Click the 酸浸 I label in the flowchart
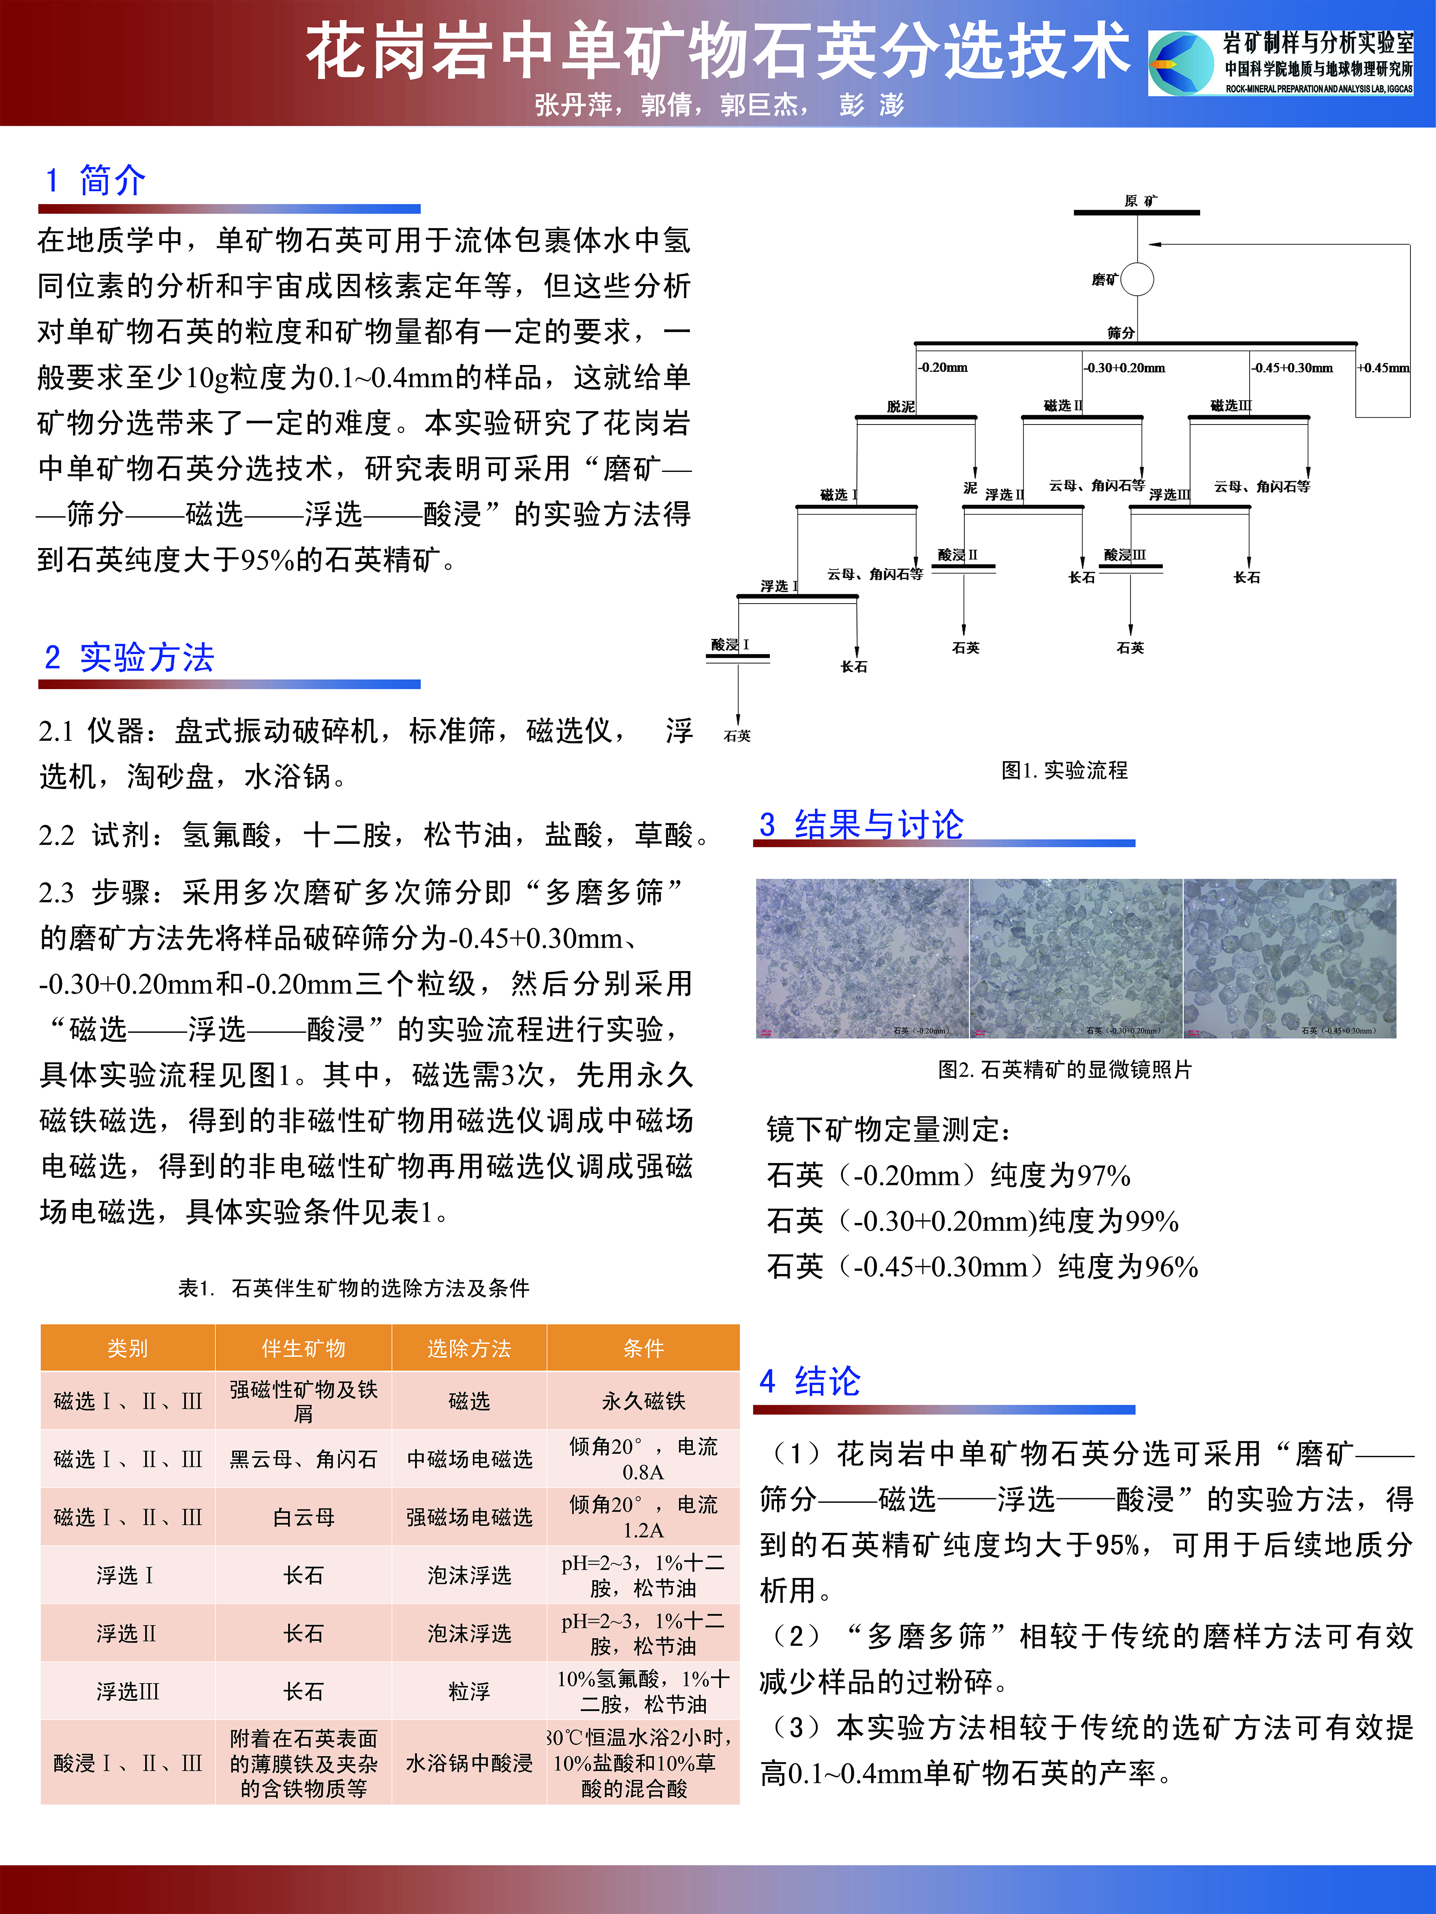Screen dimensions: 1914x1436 click(730, 644)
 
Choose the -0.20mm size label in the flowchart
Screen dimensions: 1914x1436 click(943, 368)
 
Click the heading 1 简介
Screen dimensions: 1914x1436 click(95, 181)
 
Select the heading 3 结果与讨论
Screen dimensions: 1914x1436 click(861, 824)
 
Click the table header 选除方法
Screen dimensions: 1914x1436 click(469, 1348)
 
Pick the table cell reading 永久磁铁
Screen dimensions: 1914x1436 click(643, 1401)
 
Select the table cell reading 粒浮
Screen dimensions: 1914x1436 click(469, 1691)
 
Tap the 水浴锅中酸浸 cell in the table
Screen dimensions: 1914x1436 click(469, 1763)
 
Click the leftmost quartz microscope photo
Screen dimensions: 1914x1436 click(862, 958)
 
